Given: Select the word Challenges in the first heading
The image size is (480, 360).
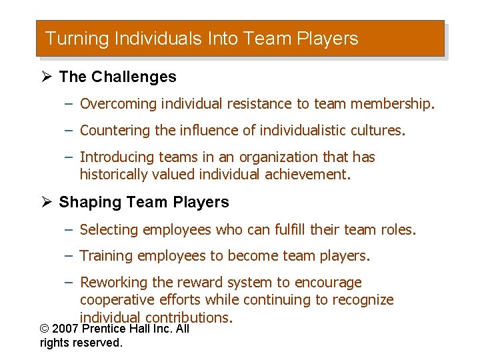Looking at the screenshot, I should point(134,77).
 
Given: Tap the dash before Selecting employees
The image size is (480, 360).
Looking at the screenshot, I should point(69,230).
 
